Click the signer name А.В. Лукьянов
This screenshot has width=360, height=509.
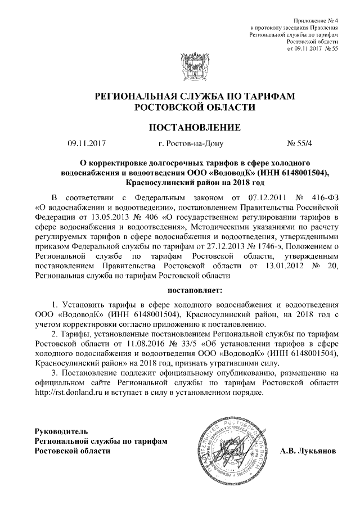pos(309,451)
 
